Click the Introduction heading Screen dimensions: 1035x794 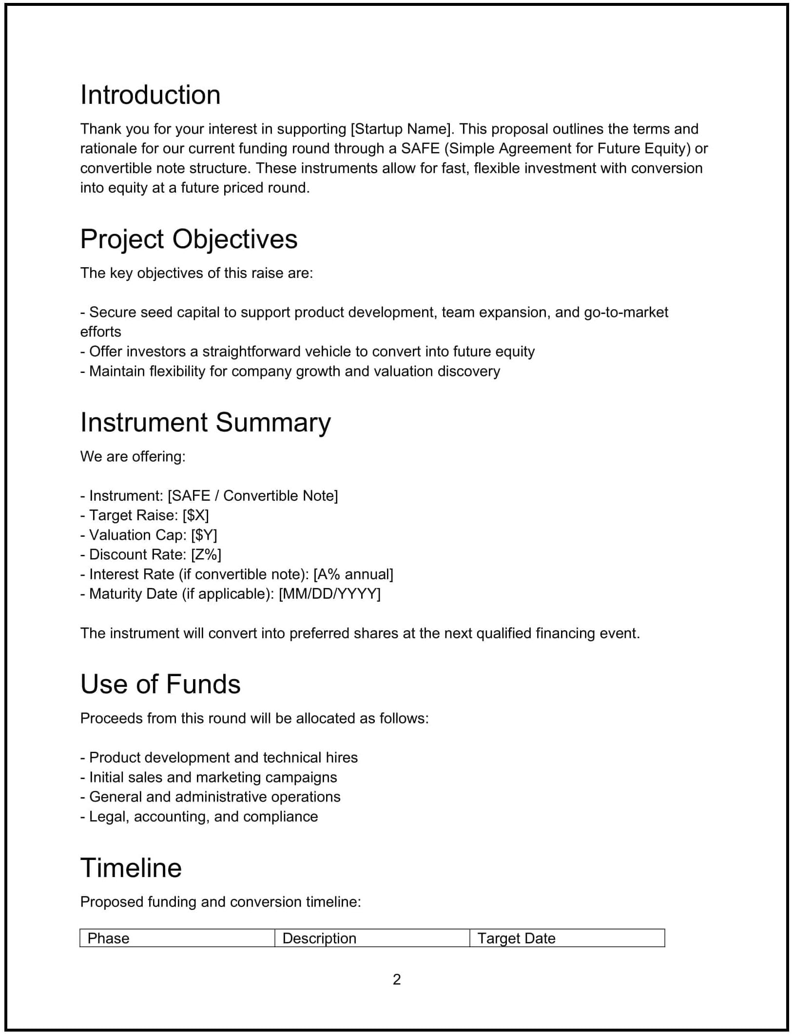coord(150,95)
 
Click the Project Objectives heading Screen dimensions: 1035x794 coord(189,239)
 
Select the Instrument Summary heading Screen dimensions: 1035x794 coord(205,422)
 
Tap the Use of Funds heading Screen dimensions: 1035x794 coord(160,684)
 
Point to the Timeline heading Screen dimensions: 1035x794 coord(131,868)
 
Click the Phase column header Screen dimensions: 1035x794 coord(108,938)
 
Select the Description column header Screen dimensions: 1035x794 coord(319,938)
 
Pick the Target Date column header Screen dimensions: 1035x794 coord(516,938)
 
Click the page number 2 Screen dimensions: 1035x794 coord(397,979)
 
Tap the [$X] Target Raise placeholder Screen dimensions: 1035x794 coord(195,515)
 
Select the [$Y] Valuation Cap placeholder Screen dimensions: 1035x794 coord(204,535)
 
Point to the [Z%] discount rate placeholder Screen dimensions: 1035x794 coord(206,555)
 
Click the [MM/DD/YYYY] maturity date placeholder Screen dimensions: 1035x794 coord(329,594)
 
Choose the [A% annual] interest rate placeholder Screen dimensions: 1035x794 coord(353,574)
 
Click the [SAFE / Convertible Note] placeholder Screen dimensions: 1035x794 coord(252,496)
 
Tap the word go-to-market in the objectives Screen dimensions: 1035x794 coord(626,312)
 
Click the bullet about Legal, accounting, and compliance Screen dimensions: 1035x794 coord(199,817)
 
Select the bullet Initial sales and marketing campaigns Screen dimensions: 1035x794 coord(209,777)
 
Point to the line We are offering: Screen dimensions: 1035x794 coord(133,457)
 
